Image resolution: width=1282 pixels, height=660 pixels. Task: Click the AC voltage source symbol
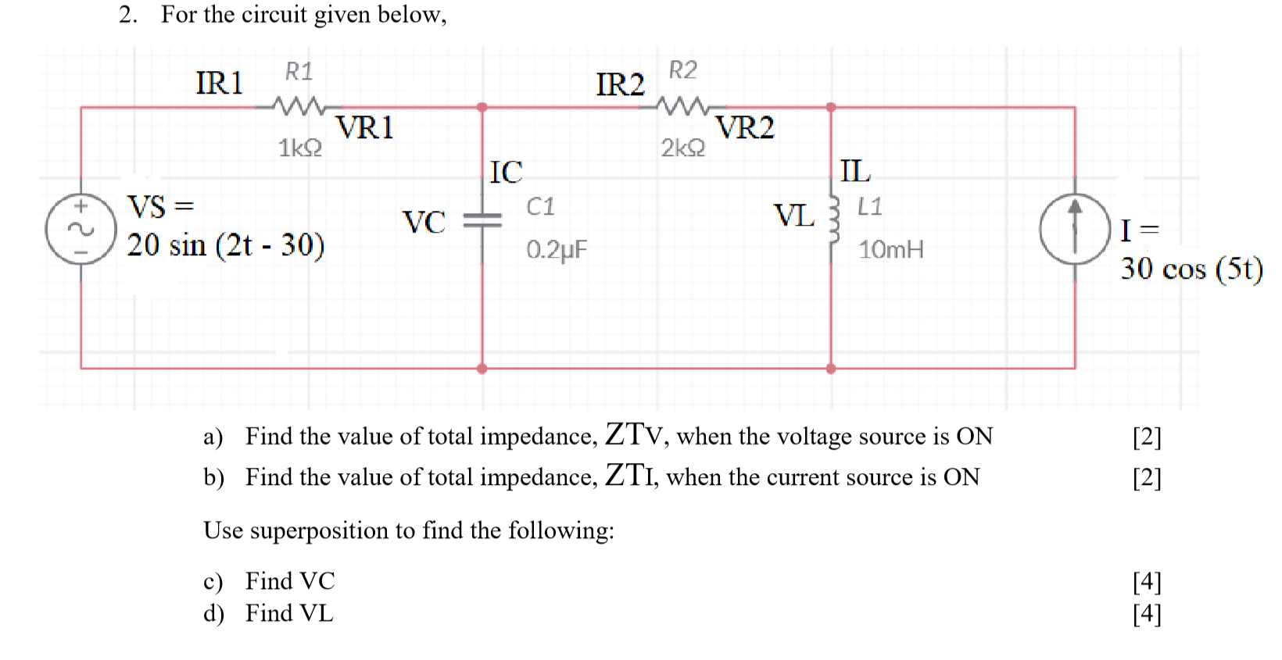click(81, 229)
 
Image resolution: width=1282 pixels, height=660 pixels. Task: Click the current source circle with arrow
click(1075, 229)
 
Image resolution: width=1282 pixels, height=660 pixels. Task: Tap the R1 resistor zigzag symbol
click(299, 105)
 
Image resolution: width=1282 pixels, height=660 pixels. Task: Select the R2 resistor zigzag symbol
click(682, 105)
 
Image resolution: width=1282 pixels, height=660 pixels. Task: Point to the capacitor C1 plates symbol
click(482, 221)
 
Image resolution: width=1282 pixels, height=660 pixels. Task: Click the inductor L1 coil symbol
click(834, 220)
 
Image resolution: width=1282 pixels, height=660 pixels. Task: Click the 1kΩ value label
click(300, 148)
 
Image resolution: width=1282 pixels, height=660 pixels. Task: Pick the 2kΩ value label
click(682, 148)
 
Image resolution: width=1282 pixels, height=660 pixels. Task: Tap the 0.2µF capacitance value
click(557, 250)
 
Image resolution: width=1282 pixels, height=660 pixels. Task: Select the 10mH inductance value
click(890, 250)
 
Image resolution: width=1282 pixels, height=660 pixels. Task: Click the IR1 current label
click(220, 83)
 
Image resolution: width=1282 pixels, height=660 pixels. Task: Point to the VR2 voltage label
click(745, 127)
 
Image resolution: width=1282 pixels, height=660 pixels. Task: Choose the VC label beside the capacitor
click(424, 223)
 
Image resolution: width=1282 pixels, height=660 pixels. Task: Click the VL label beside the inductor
click(793, 216)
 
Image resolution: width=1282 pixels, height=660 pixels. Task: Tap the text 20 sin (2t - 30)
click(226, 245)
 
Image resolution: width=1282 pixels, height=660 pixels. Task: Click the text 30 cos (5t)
click(1191, 269)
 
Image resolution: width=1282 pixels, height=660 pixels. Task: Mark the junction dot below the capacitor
click(482, 369)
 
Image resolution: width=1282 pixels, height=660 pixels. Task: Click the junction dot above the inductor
click(831, 107)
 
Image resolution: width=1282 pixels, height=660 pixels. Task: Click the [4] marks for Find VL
click(1147, 614)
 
